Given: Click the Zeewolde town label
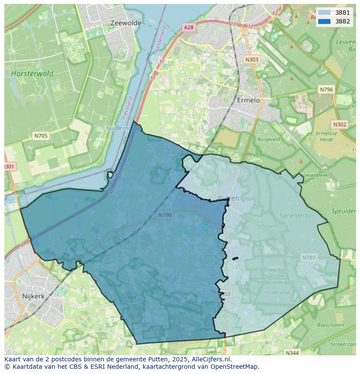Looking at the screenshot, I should (126, 23).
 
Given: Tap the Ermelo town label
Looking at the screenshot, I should (248, 100).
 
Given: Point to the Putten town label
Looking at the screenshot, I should (229, 198).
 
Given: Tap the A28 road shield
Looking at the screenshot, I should (188, 27).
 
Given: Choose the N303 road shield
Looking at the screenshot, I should (252, 60).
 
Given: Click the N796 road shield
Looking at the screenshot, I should (326, 89).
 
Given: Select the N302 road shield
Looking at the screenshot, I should (340, 124).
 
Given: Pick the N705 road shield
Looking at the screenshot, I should (41, 136).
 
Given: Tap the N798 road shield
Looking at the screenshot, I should (165, 215).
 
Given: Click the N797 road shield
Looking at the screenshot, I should (308, 258).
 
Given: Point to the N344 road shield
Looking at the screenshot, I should (292, 353).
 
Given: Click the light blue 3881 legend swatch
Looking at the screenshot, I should (324, 13).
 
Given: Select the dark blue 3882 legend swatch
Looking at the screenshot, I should (324, 21).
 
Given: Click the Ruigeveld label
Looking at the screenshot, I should (269, 140).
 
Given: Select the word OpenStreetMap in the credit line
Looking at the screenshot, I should (237, 366).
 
